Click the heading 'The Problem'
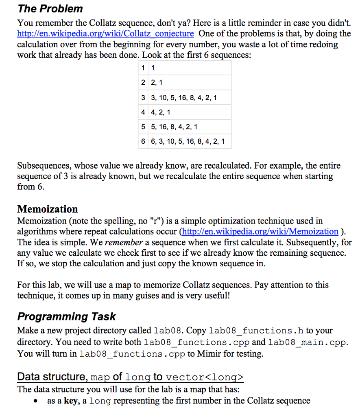coord(50,9)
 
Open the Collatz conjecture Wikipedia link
coord(105,33)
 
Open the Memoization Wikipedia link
coord(260,232)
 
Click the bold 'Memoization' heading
coord(47,209)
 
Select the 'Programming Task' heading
coord(66,316)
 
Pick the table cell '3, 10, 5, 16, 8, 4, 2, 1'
coord(183,97)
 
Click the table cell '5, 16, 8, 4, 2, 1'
coord(174,127)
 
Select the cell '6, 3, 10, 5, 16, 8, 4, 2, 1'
coord(188,141)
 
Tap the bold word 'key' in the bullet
coord(70,401)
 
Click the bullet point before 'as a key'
coord(37,401)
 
